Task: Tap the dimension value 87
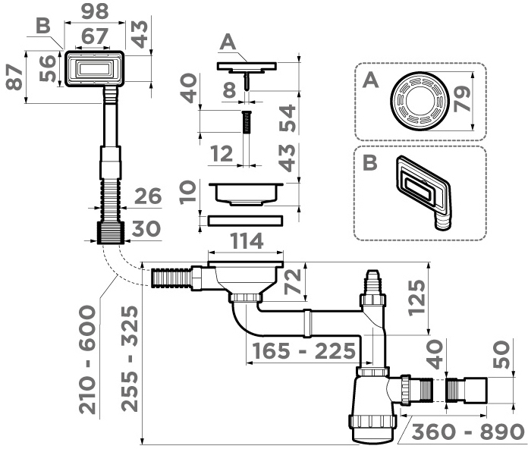click(13, 77)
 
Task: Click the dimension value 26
click(149, 196)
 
